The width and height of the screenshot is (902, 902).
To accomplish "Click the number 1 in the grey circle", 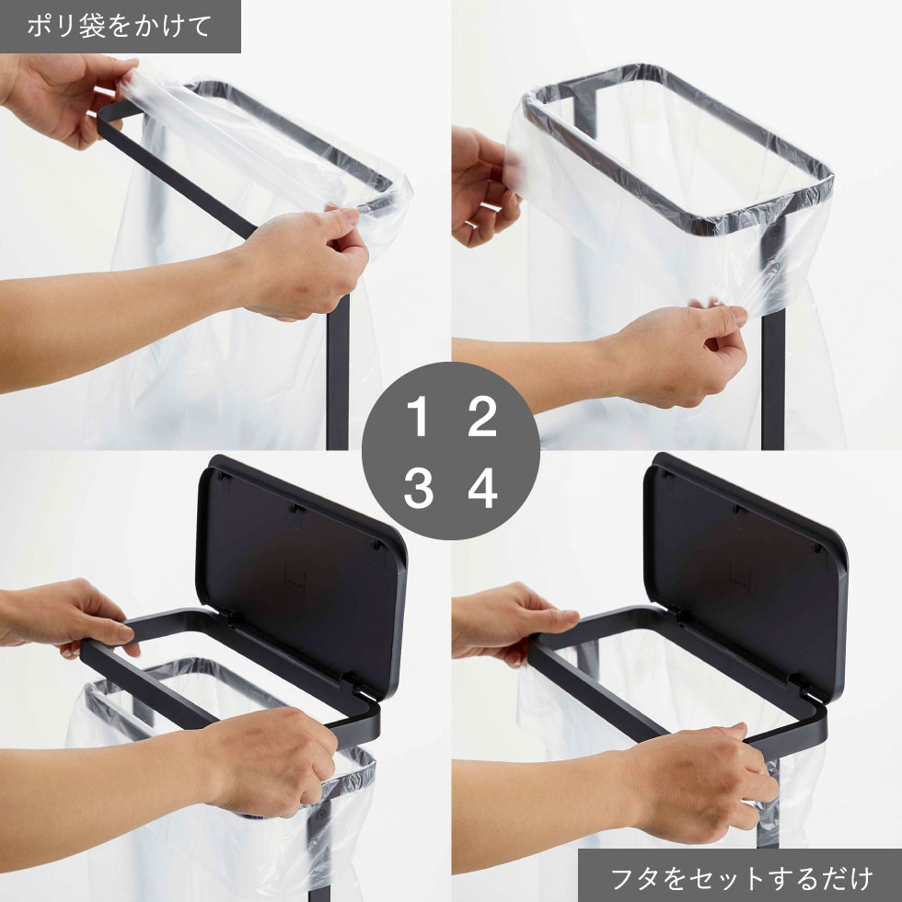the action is click(x=418, y=416).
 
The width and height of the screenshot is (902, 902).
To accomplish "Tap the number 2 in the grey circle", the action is click(x=482, y=416).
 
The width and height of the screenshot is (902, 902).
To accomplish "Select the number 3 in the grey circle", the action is click(x=418, y=489).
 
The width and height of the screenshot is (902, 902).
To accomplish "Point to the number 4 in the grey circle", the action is click(x=482, y=489).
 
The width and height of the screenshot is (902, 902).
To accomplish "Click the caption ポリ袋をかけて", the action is click(x=119, y=27).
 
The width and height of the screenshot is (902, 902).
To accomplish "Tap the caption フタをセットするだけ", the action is click(x=740, y=878).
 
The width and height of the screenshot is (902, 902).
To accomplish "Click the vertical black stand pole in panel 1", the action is click(x=338, y=373).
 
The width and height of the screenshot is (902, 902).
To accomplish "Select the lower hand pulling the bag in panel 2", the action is click(x=679, y=353).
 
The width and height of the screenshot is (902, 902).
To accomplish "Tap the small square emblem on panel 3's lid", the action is click(x=296, y=575).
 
